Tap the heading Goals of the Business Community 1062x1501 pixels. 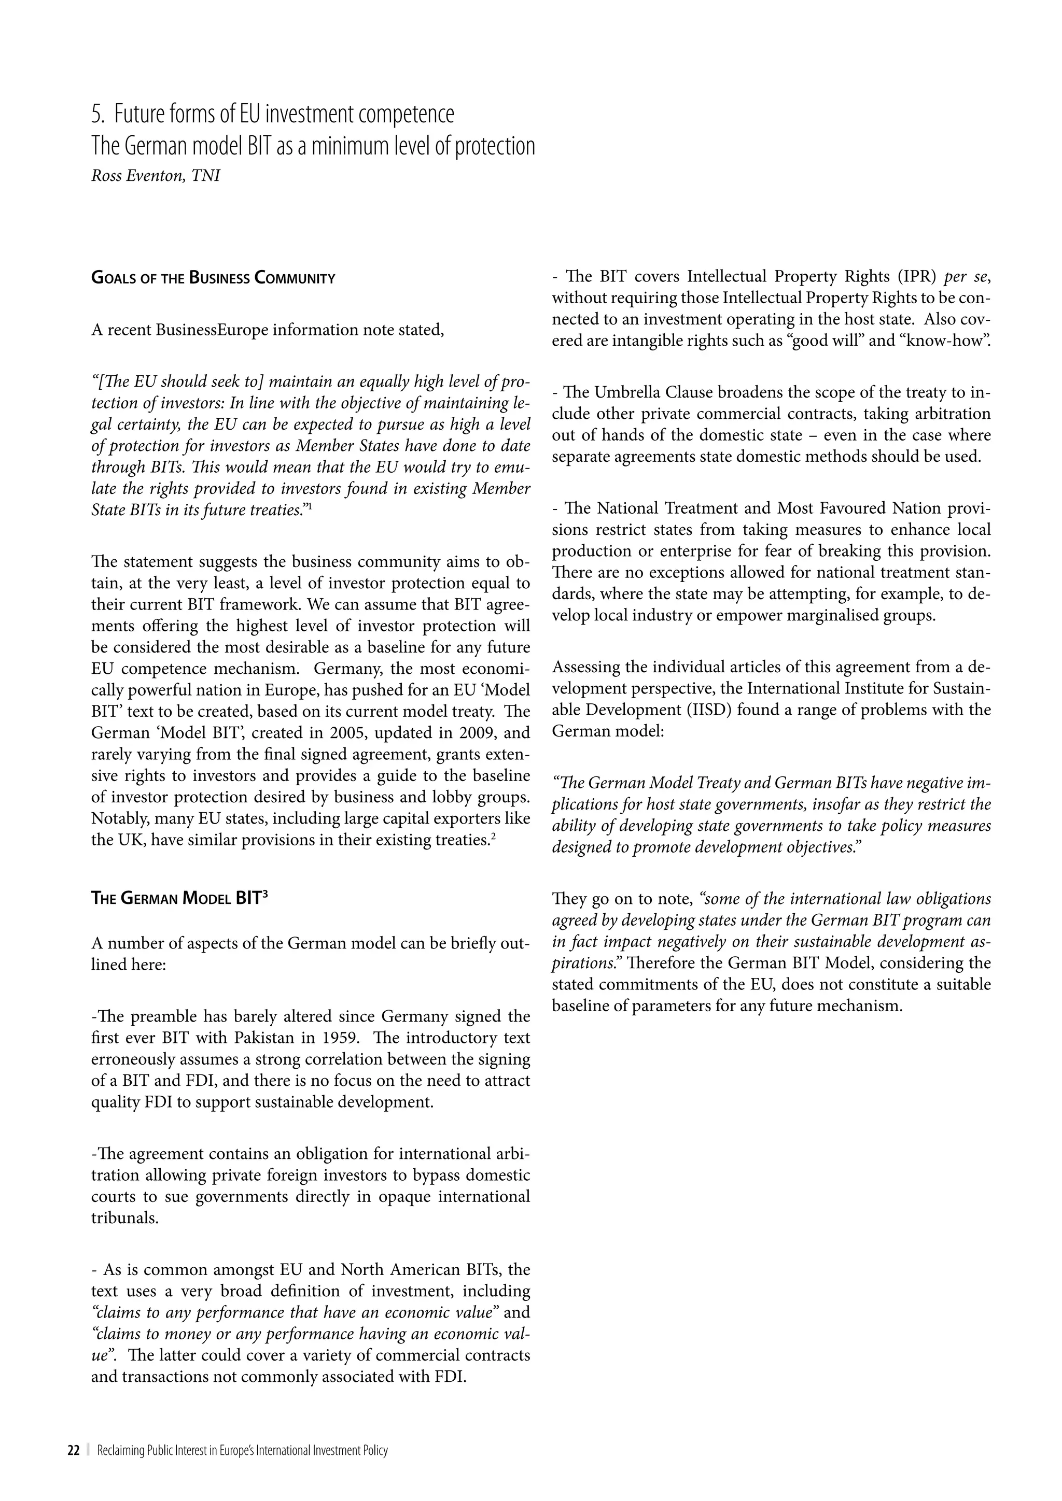tap(213, 278)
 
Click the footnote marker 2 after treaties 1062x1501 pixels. tap(493, 837)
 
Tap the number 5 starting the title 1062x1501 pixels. tap(97, 115)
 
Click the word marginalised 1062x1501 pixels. tap(830, 616)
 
